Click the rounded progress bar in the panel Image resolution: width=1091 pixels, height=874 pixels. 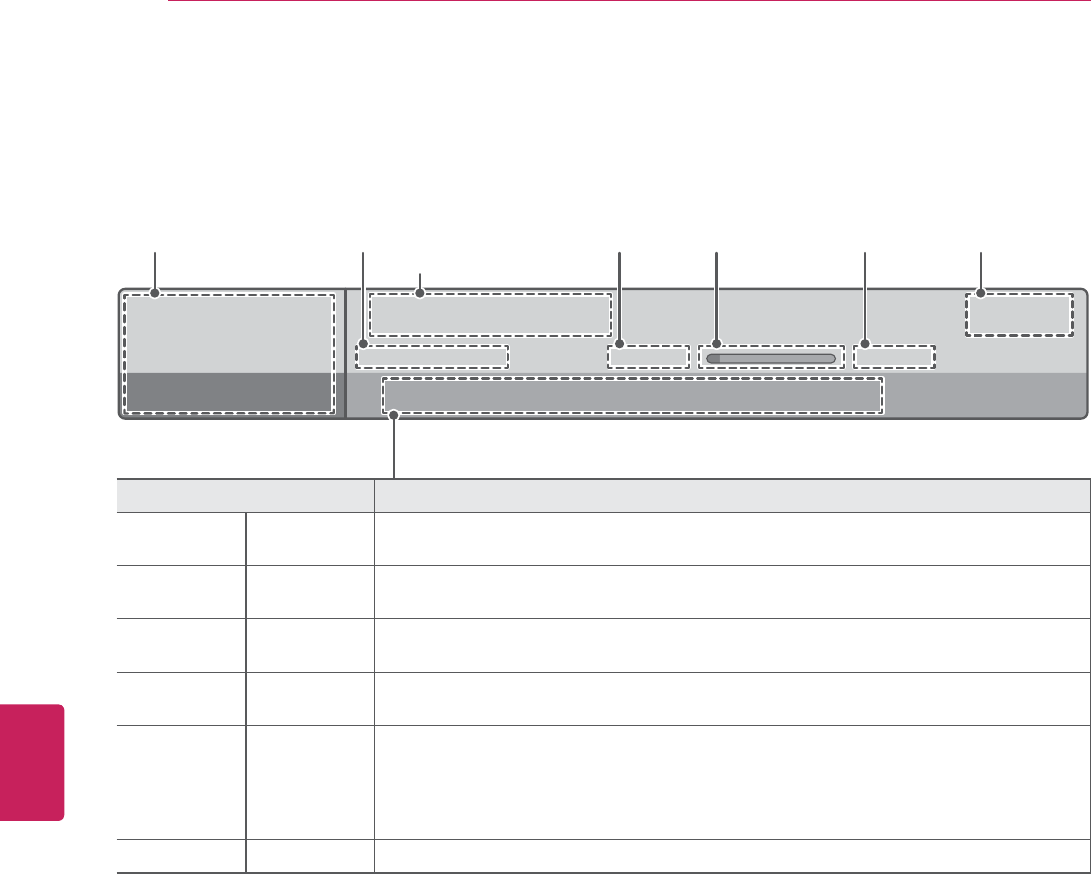tap(771, 358)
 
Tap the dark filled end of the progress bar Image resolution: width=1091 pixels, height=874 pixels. tap(713, 358)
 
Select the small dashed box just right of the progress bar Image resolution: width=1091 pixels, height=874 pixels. tap(895, 357)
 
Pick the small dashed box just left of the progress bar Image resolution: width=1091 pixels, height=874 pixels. tap(648, 357)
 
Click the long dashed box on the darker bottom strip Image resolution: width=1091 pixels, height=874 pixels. tap(632, 397)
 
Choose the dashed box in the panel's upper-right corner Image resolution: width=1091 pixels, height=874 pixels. tap(1018, 314)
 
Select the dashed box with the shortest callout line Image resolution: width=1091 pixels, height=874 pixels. tap(491, 314)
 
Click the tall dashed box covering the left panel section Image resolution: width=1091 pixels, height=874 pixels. tap(229, 353)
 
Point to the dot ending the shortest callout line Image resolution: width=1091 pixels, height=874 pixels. tap(422, 292)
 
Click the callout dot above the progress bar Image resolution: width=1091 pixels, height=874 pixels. tap(717, 346)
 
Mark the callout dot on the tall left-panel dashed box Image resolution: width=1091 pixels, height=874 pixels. tap(155, 292)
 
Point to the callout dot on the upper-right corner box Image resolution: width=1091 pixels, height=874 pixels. tap(981, 292)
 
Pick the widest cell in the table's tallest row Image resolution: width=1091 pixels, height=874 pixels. tap(732, 767)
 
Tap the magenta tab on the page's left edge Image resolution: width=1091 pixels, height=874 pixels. tap(32, 761)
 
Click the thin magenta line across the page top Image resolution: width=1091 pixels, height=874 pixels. tap(628, 2)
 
